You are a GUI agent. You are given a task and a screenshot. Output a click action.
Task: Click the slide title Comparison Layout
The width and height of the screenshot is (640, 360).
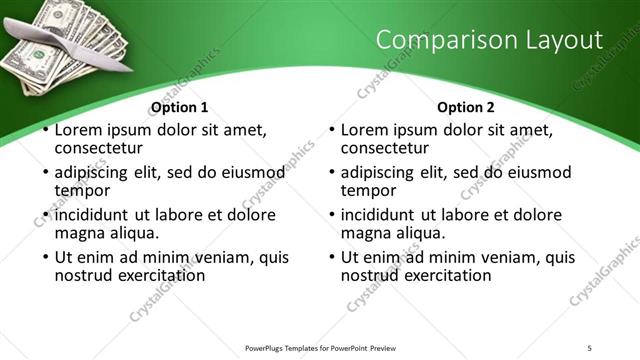click(x=490, y=40)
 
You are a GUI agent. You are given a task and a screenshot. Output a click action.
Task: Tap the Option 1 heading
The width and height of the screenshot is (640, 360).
click(x=180, y=107)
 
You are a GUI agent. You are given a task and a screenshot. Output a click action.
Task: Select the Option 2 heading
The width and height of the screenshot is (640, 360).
click(x=466, y=107)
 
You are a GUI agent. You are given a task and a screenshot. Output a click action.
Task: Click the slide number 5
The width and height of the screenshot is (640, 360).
click(x=589, y=348)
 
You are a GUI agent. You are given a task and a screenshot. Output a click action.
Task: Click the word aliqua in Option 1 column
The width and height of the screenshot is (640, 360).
click(x=128, y=233)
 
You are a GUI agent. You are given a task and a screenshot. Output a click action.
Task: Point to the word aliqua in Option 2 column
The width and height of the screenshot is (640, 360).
click(x=414, y=233)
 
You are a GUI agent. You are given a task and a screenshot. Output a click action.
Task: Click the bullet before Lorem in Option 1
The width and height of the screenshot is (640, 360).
click(x=46, y=130)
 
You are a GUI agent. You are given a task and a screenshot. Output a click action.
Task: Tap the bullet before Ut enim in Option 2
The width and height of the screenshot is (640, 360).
click(x=332, y=258)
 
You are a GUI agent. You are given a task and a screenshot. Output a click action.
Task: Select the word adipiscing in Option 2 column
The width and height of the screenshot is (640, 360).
click(x=381, y=172)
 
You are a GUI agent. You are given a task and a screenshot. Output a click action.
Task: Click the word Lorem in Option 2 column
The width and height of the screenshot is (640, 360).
click(x=365, y=130)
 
